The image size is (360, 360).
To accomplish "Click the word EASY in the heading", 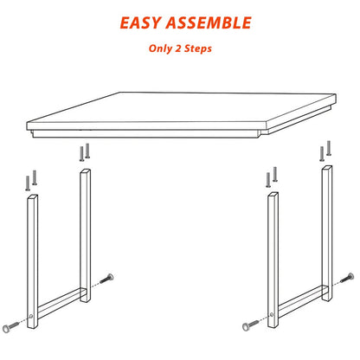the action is click(140, 22).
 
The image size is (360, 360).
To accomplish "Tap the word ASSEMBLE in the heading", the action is click(209, 22).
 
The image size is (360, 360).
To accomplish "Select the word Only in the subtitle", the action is click(160, 48).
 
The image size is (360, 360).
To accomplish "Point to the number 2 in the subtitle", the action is click(178, 48).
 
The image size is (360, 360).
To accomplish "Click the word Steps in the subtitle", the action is click(198, 48).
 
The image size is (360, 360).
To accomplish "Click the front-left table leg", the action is click(33, 261).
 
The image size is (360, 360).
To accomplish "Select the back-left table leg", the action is click(85, 235).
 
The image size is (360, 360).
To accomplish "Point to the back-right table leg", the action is click(327, 233).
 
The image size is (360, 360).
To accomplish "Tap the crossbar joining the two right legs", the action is click(300, 301).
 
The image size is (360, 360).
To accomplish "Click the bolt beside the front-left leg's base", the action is click(10, 326).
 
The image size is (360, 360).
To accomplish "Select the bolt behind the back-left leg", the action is click(106, 279).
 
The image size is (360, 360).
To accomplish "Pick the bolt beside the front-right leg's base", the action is click(250, 325).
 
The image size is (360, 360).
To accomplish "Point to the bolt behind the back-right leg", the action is click(347, 278).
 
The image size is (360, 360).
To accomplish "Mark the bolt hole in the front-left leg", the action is click(31, 317).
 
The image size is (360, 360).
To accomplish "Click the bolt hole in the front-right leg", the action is click(272, 314).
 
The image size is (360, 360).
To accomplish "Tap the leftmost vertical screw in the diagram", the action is click(28, 183).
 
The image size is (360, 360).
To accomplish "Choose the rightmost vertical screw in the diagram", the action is click(329, 148).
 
